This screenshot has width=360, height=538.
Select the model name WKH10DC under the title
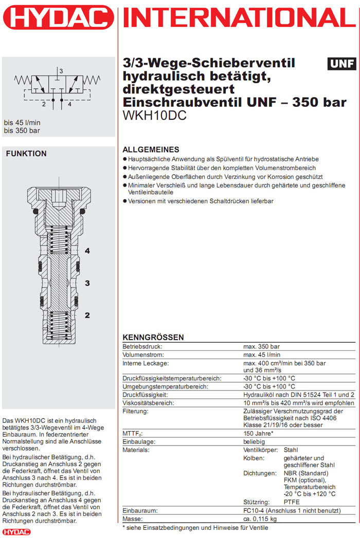[154, 116]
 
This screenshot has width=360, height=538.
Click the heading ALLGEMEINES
[151, 150]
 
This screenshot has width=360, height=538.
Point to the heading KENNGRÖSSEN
[153, 337]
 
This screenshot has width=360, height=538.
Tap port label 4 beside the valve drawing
[87, 251]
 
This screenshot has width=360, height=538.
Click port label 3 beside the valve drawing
[87, 283]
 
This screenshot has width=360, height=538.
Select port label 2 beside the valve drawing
[87, 315]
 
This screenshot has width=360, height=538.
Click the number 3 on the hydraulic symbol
[61, 70]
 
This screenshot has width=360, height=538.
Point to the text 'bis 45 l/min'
[22, 122]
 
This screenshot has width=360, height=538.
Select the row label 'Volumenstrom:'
[143, 355]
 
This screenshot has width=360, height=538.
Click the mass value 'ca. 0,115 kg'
[262, 519]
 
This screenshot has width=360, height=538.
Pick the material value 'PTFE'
[292, 502]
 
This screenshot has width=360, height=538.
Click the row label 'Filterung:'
[136, 411]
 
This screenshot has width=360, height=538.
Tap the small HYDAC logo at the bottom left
[17, 532]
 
